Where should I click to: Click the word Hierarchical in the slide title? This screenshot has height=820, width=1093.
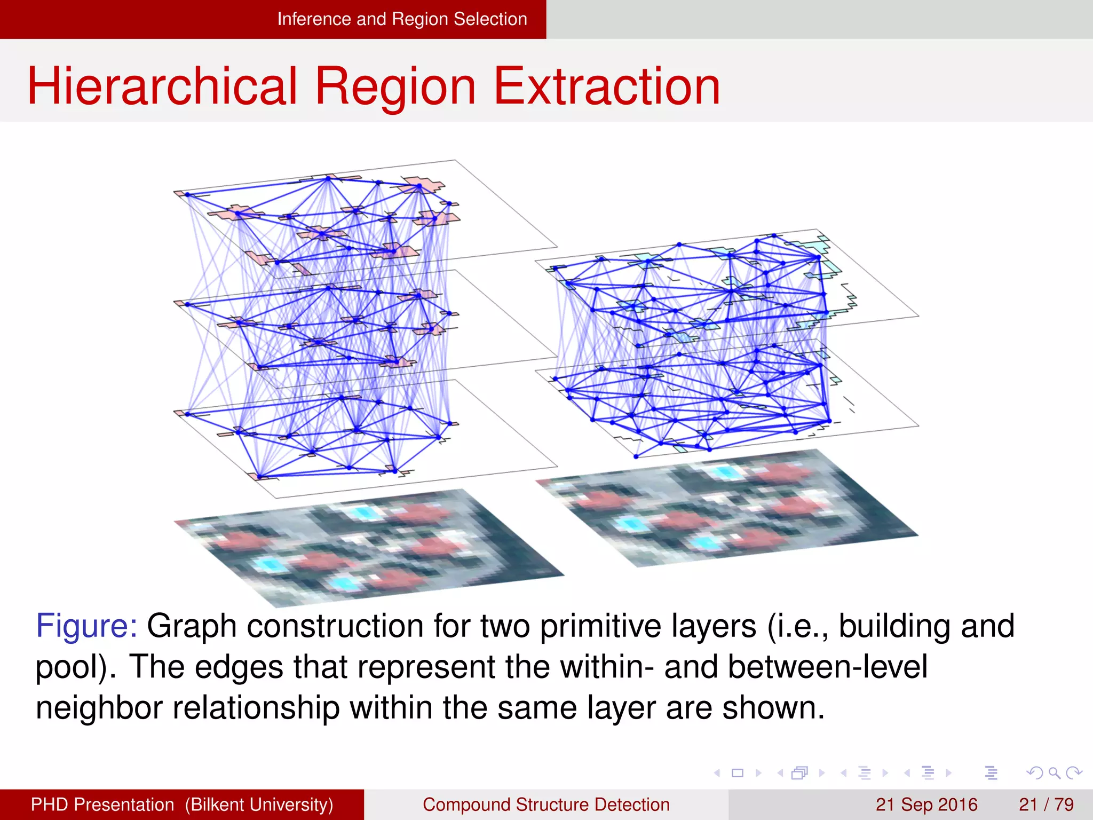[161, 86]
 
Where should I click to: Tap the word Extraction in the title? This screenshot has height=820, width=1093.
[607, 86]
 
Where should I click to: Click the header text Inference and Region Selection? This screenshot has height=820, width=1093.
[401, 19]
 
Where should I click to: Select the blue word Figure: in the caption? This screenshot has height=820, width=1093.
[86, 626]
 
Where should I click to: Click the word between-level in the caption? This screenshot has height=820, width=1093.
[827, 667]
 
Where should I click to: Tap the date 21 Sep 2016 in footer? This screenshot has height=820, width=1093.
[926, 805]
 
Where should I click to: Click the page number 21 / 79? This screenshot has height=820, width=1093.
[1046, 805]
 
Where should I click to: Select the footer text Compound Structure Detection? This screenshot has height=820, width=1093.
[546, 805]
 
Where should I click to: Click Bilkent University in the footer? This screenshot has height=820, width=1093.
[259, 805]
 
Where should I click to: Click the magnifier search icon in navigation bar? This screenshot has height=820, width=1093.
[1054, 773]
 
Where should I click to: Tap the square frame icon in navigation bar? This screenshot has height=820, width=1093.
[738, 773]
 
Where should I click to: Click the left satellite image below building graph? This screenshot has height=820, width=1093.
[368, 547]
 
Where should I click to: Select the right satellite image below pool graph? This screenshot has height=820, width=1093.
[726, 507]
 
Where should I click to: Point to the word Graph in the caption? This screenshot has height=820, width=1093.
[192, 626]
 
